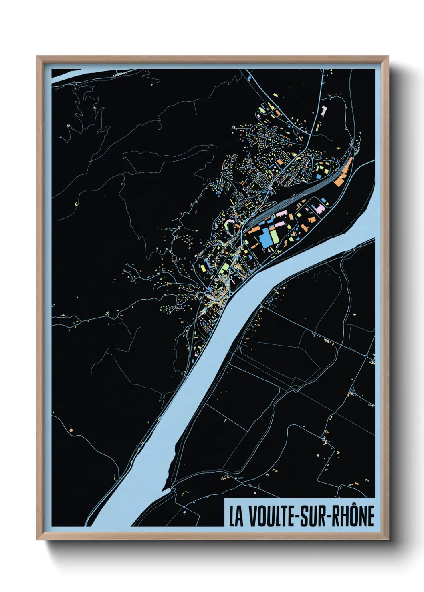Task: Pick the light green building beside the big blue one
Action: [275, 236]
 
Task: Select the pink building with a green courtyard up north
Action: [324, 111]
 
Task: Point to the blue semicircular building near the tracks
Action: [271, 218]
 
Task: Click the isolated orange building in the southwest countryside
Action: [71, 430]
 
